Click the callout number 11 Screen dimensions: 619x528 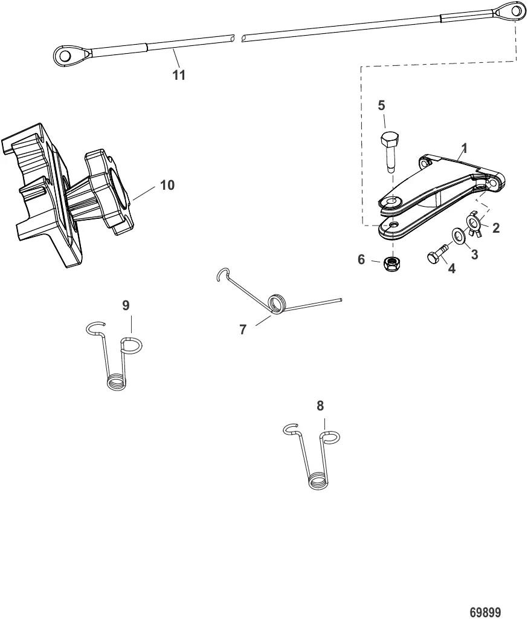[x=179, y=76]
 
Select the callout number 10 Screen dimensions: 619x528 [x=167, y=185]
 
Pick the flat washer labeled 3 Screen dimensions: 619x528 [x=459, y=235]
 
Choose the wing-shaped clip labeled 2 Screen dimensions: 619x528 [x=475, y=224]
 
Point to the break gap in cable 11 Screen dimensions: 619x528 [x=238, y=37]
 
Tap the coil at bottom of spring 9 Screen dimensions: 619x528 [x=116, y=382]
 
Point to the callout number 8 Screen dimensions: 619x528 [x=320, y=406]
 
